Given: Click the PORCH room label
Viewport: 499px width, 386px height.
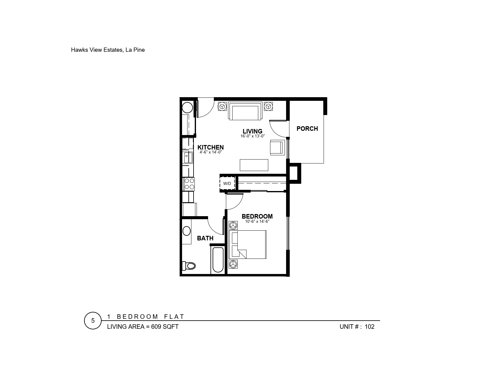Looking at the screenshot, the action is tap(307, 128).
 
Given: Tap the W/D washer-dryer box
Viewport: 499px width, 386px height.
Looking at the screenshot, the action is tap(227, 183).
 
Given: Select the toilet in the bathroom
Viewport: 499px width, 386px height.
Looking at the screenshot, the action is tap(189, 266).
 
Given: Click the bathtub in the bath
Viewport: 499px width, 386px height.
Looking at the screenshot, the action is tap(218, 260).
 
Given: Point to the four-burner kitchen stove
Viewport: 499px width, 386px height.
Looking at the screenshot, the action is tap(189, 184).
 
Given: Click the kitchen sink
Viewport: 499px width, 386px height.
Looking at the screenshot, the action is tap(188, 157).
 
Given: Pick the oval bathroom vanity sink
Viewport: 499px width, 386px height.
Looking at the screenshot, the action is tap(187, 231).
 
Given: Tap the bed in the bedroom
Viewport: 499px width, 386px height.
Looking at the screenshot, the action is tap(248, 245).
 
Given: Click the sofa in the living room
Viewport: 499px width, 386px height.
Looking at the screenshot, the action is tap(245, 111).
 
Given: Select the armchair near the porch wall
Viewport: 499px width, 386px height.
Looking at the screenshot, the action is tap(277, 147).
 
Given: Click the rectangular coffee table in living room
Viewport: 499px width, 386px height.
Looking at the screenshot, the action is tap(254, 165).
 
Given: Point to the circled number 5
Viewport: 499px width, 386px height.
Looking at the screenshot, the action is tap(93, 321).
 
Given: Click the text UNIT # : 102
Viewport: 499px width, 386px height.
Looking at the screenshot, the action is tap(357, 327).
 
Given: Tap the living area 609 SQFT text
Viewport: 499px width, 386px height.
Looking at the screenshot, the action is tap(143, 327).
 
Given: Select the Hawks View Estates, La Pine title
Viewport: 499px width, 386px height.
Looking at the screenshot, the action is tap(108, 50).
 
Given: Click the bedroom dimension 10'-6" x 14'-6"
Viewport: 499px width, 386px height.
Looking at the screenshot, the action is tap(257, 222).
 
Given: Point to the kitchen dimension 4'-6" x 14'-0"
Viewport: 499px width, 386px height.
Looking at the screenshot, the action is tap(210, 152).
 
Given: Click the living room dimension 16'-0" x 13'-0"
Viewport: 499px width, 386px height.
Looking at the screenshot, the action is tap(253, 136).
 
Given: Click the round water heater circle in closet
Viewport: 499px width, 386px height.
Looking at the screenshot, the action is tap(188, 107).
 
